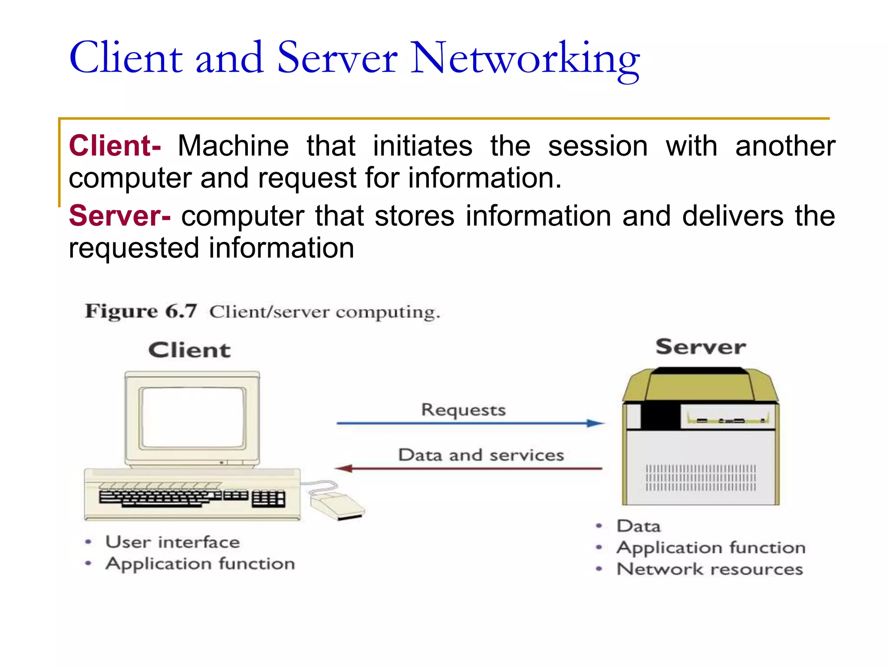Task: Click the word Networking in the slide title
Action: point(524,59)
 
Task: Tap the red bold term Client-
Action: point(115,146)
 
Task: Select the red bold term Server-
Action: point(119,216)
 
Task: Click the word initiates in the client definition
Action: point(422,146)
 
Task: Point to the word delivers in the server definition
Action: point(733,216)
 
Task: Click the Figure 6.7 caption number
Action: point(141,311)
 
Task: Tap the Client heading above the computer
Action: point(189,350)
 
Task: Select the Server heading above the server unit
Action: point(700,347)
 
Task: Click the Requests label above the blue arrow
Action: point(463,410)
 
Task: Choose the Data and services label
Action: point(481,455)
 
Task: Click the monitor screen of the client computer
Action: point(192,417)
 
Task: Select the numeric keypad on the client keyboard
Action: point(268,499)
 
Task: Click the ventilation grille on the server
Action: point(701,478)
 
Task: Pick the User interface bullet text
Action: point(172,542)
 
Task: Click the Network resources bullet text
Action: point(710,569)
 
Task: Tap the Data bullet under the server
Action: point(639,526)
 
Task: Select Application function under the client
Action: point(200,564)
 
